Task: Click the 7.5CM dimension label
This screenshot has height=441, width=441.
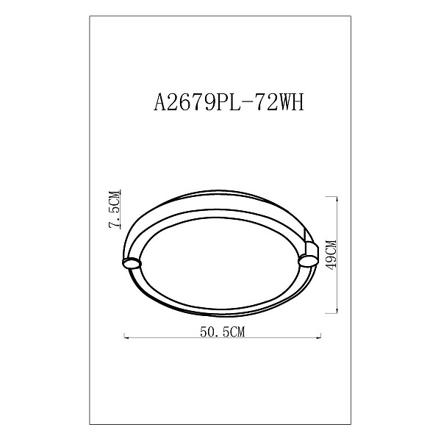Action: click(115, 209)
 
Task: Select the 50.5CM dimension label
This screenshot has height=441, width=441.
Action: click(222, 332)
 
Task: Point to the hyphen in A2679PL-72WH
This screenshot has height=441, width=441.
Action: click(247, 103)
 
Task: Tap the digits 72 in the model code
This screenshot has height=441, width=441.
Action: click(264, 102)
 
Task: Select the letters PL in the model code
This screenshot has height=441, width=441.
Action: click(232, 102)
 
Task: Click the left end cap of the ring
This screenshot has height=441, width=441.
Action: click(132, 263)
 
